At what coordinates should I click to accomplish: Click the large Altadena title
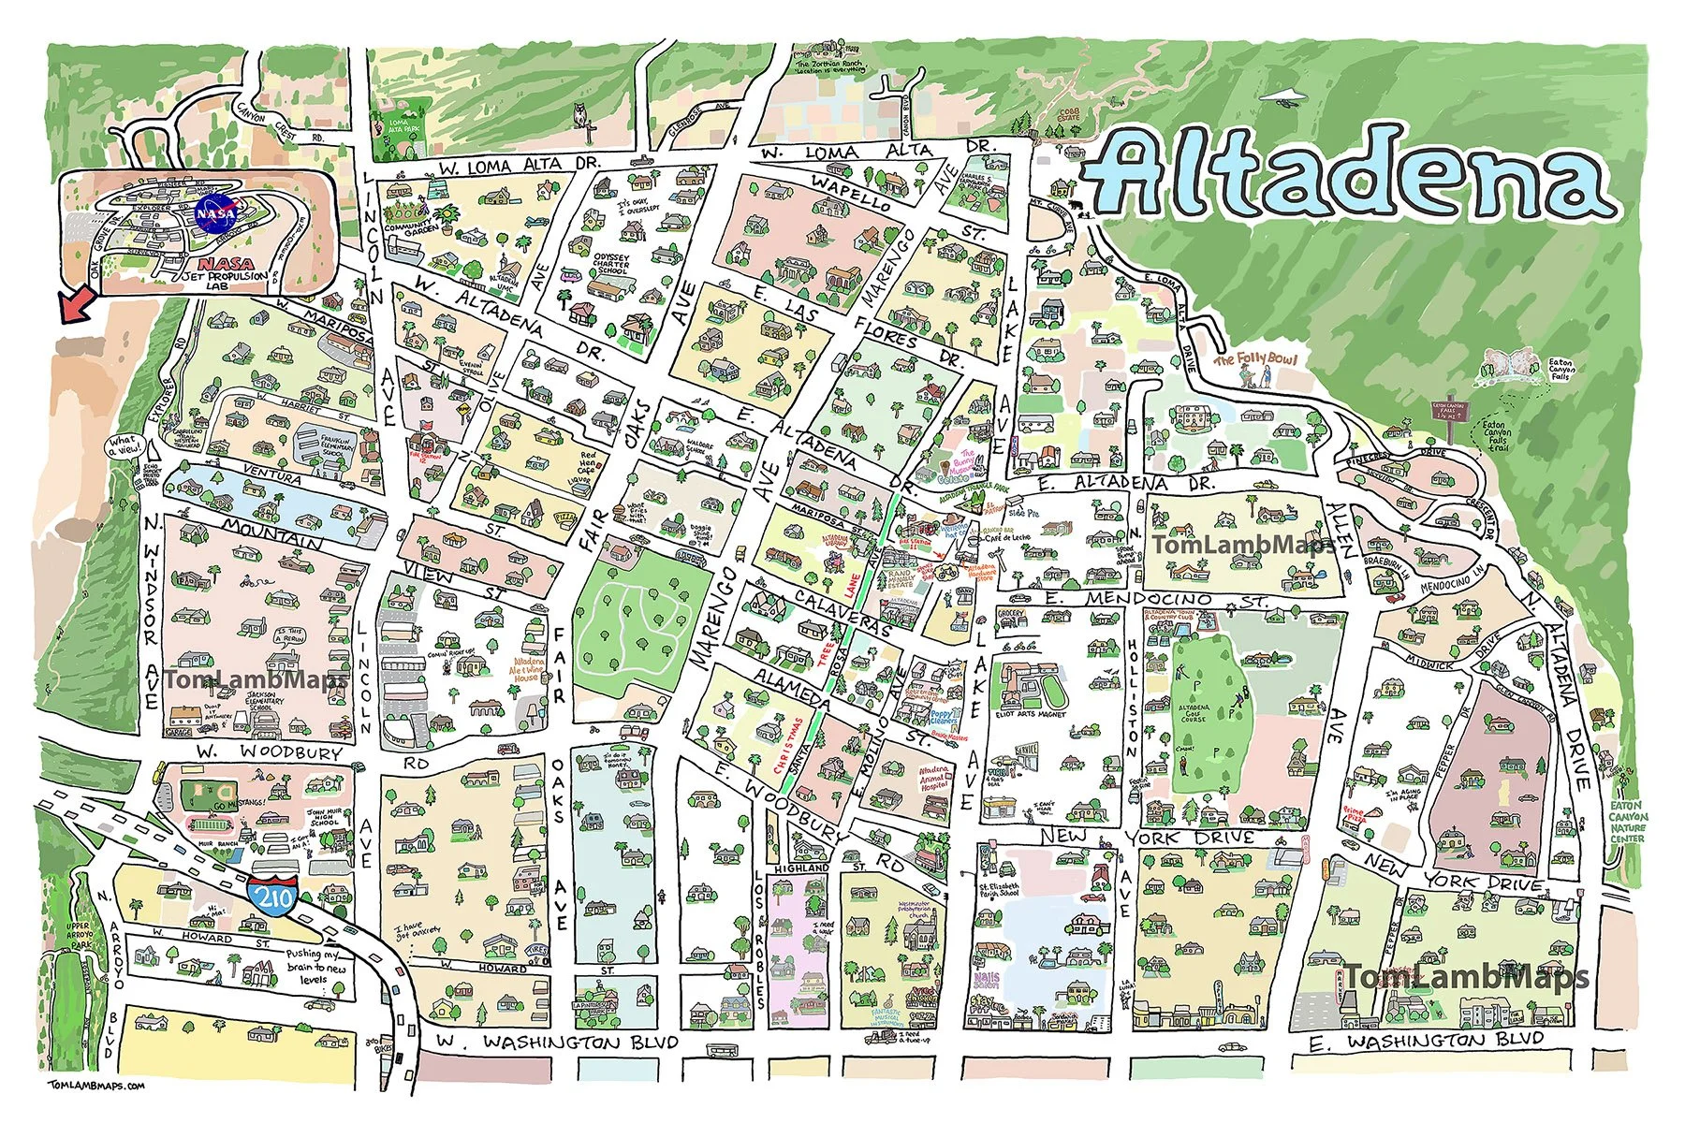click(x=1348, y=182)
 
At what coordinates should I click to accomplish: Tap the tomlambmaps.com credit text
click(x=95, y=1086)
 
